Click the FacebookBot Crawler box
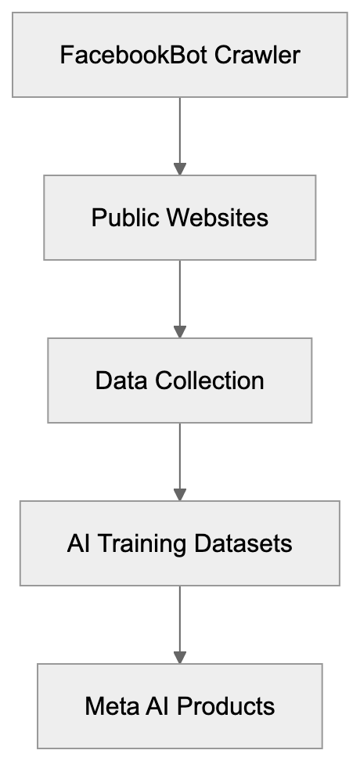179,55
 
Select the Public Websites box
179,217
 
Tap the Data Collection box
179,380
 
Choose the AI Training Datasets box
179,543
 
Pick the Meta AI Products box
179,706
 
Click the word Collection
210,381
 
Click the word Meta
109,707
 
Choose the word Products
226,707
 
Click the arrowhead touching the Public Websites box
179,168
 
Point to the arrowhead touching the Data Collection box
179,332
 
